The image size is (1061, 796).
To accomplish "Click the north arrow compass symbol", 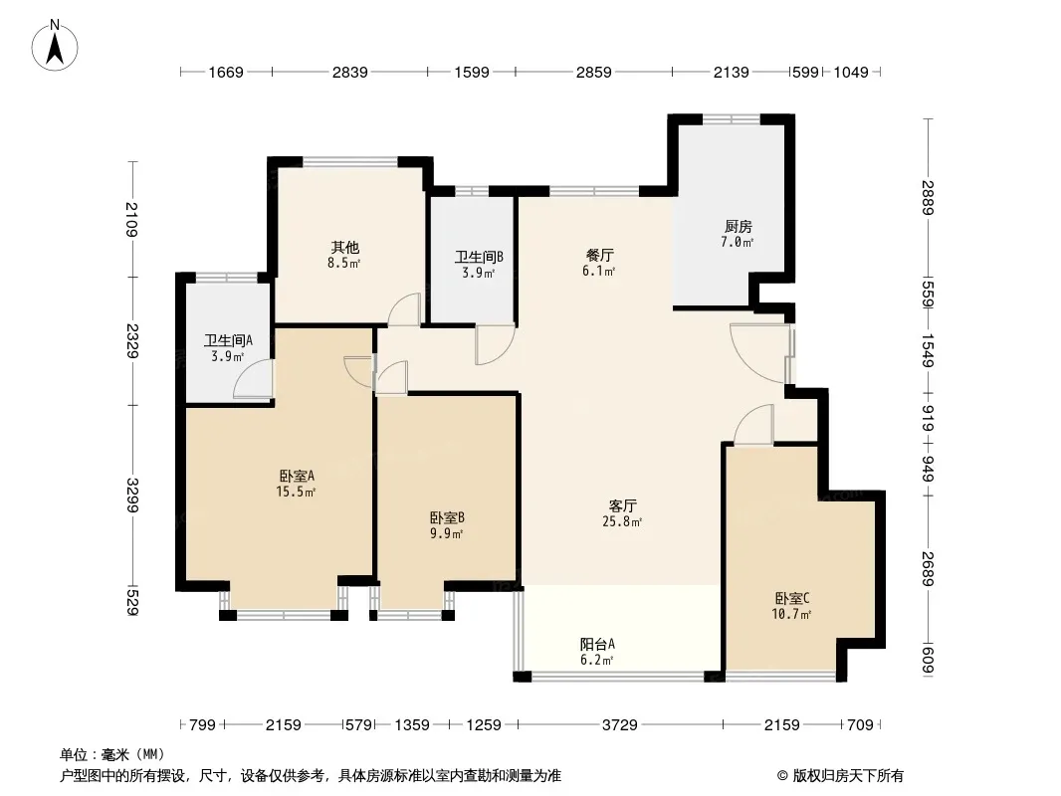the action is (x=55, y=46).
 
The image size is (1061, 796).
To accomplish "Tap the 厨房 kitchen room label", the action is (x=738, y=227).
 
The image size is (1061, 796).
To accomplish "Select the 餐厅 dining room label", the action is (x=599, y=256).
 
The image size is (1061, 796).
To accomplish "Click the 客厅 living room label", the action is (x=622, y=505).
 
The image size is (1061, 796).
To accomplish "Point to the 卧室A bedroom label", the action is (x=297, y=477).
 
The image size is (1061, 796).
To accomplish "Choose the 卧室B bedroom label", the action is (x=447, y=518).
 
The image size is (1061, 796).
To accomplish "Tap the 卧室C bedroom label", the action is (x=791, y=599).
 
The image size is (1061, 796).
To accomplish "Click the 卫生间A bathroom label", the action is (x=228, y=341).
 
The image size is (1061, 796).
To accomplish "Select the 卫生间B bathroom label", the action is (x=479, y=258).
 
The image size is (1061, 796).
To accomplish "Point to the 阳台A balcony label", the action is (x=597, y=645).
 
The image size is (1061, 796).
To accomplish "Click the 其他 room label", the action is (x=344, y=248).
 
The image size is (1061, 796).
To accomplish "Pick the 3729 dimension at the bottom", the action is (x=620, y=725).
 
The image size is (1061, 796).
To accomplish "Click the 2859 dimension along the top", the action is (x=593, y=72).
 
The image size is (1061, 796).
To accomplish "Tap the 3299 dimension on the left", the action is (x=132, y=496).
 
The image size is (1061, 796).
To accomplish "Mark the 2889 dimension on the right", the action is (x=927, y=197).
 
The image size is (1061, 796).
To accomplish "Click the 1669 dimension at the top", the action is (x=225, y=72).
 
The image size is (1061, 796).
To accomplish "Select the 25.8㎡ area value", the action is (x=622, y=521).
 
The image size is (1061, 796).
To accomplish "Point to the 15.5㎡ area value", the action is (x=296, y=492).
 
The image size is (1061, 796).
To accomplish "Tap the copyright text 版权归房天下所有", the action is (x=847, y=776).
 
